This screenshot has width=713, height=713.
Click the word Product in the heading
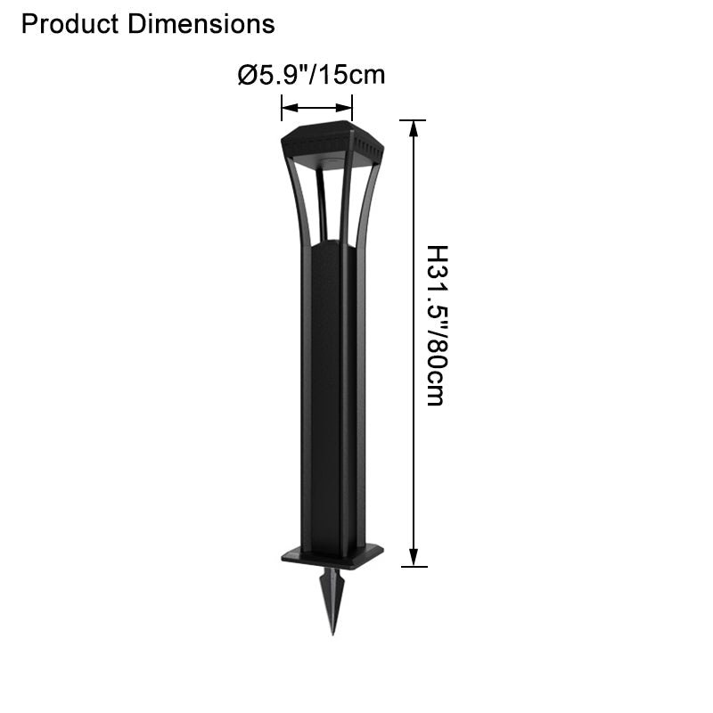click(70, 24)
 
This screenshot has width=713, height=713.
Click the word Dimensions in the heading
click(201, 24)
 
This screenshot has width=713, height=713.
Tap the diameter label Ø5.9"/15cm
click(311, 75)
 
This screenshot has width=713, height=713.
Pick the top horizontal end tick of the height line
click(413, 119)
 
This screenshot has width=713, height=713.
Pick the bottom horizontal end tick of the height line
click(413, 566)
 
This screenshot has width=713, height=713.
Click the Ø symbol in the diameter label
click(247, 75)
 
